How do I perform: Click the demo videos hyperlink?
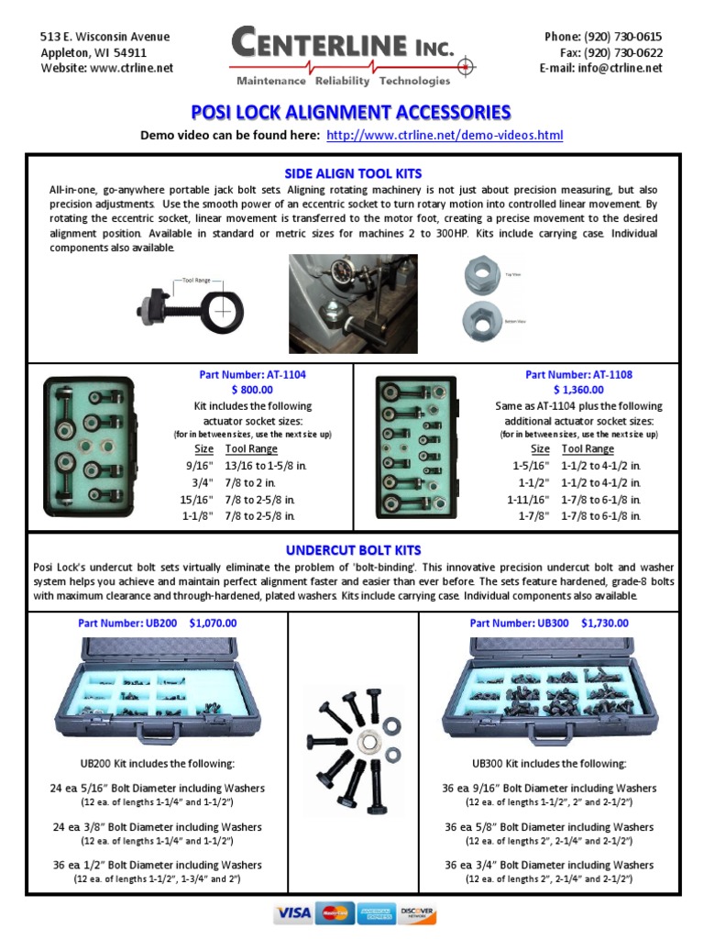coord(445,136)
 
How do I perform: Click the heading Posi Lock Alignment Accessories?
coord(351,112)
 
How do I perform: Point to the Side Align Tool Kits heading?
coord(352,173)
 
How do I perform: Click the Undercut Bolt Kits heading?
coord(352,550)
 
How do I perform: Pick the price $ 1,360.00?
coord(578,390)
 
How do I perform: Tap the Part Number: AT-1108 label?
coord(578,375)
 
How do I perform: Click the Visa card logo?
coord(293,913)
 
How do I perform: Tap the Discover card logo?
coord(418,913)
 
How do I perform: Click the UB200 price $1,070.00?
coord(213,623)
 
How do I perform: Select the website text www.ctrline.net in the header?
coord(132,68)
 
